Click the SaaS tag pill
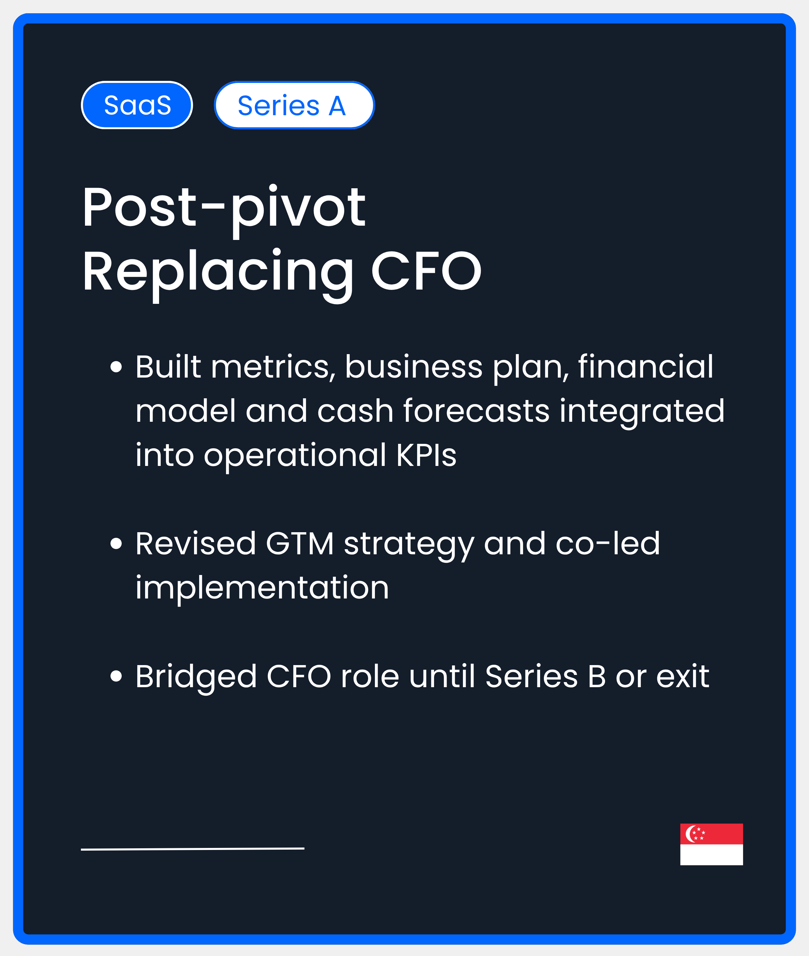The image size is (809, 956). click(x=137, y=105)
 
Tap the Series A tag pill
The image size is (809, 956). click(x=294, y=105)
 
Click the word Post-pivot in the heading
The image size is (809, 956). click(x=224, y=208)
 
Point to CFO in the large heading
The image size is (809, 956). click(x=426, y=272)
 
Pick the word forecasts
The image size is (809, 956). click(x=476, y=411)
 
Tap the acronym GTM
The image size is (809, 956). click(x=299, y=543)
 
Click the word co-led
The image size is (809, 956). click(x=607, y=543)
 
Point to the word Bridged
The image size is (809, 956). click(x=196, y=677)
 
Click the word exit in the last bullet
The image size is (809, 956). click(x=683, y=676)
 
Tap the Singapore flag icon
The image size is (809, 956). click(x=711, y=844)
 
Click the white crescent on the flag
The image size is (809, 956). click(x=690, y=834)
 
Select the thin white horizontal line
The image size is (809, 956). click(x=193, y=849)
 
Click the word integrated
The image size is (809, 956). click(x=642, y=411)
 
